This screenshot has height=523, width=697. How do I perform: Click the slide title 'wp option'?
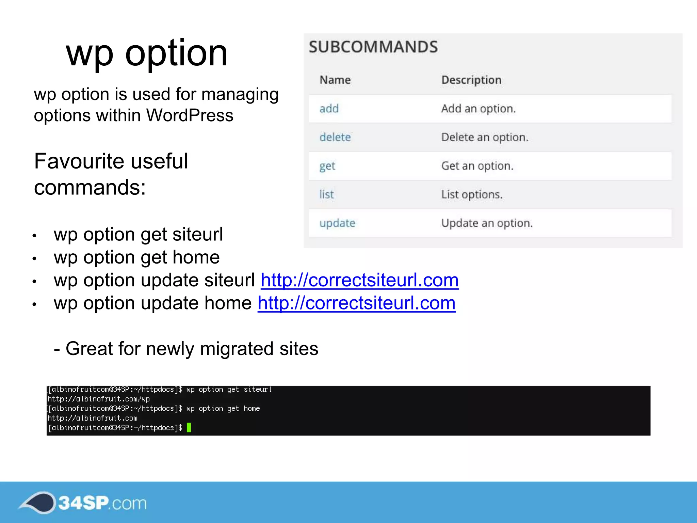tap(147, 53)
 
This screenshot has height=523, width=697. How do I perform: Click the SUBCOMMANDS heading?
tap(373, 47)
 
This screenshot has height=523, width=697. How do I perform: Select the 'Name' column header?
tap(335, 80)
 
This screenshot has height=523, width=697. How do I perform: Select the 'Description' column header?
tap(471, 80)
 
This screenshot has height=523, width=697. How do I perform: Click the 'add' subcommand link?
tap(329, 109)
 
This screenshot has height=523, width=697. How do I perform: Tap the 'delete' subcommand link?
tap(335, 137)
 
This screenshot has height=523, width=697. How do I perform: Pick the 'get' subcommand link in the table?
tap(327, 166)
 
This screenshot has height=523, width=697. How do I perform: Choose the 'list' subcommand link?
tap(326, 194)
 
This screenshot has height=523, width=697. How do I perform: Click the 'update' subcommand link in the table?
tap(337, 223)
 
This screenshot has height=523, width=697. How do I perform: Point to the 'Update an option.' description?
tap(487, 223)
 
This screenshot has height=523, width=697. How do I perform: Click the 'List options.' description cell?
tap(472, 194)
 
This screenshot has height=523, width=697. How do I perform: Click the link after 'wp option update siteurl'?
tap(360, 280)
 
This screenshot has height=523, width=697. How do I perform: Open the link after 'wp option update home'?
tap(357, 303)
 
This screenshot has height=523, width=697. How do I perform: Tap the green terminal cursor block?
tap(189, 427)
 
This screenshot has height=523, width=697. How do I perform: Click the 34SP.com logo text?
tap(102, 503)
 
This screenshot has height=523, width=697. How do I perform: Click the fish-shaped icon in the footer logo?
tap(37, 502)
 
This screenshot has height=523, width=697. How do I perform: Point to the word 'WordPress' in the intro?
tap(190, 115)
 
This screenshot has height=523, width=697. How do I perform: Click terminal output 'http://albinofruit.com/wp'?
tap(98, 399)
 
